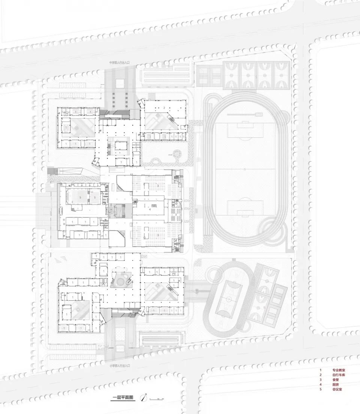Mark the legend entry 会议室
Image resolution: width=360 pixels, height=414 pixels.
pos(337,390)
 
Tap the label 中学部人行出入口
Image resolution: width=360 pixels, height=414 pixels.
pos(120,63)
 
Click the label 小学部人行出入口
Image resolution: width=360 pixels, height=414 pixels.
pos(120,365)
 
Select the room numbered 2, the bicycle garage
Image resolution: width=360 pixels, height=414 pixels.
pos(164,107)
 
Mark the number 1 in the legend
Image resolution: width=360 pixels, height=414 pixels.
pos(321,370)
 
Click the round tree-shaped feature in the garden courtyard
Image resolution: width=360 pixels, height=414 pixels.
pos(175,153)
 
